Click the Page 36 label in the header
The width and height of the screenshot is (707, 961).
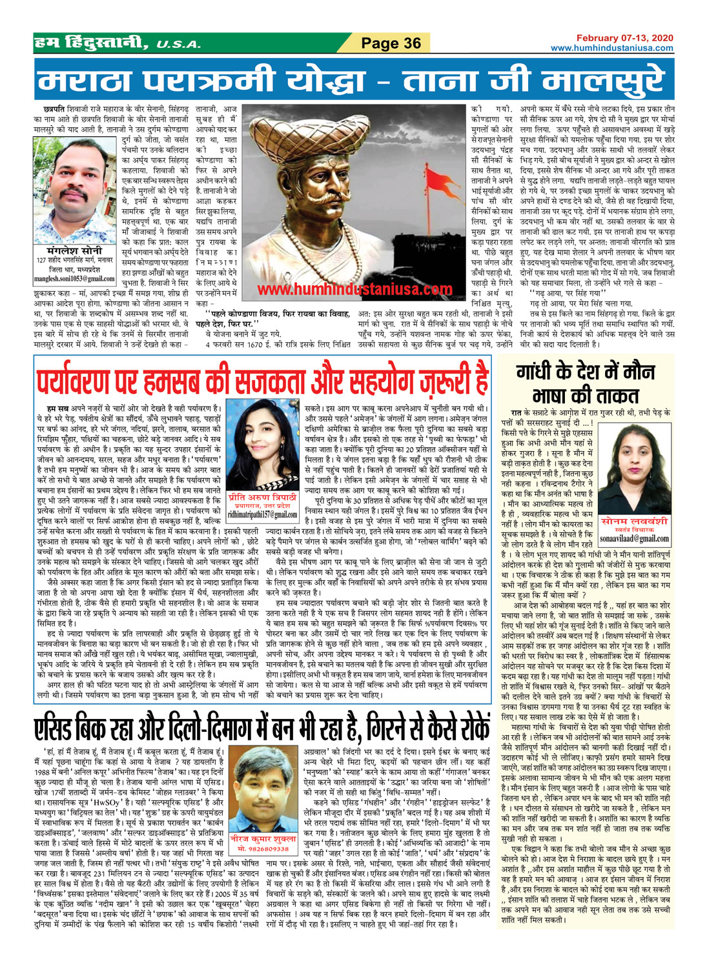[391, 43]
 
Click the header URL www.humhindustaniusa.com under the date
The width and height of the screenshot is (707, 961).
[611, 48]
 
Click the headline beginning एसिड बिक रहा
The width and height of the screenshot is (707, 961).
[261, 728]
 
